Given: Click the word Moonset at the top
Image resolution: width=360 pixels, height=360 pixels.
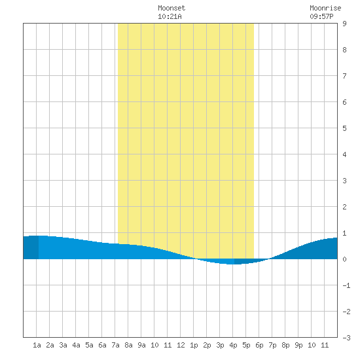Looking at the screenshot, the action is click(x=171, y=8).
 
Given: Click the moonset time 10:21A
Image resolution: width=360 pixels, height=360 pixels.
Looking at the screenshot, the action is click(x=170, y=16).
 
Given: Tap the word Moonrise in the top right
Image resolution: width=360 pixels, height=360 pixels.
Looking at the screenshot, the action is click(x=325, y=8).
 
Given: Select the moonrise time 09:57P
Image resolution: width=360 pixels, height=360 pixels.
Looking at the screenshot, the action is click(x=321, y=16).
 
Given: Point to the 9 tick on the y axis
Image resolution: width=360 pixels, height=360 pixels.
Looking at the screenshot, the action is click(x=344, y=24).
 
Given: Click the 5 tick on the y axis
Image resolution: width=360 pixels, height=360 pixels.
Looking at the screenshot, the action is click(x=344, y=128).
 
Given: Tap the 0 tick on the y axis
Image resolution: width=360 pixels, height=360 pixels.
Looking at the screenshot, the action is click(x=344, y=259).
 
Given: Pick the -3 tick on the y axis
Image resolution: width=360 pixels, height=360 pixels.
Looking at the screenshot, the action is click(x=346, y=338).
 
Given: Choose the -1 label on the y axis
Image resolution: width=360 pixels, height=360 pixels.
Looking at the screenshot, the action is click(x=346, y=285).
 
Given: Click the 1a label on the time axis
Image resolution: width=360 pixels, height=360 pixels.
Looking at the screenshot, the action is click(x=37, y=345).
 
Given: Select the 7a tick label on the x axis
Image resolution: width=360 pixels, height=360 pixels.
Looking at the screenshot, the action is click(x=115, y=345).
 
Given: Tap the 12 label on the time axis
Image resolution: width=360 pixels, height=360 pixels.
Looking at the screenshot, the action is click(x=181, y=345).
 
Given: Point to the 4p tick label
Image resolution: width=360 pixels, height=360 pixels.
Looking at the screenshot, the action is click(x=233, y=345).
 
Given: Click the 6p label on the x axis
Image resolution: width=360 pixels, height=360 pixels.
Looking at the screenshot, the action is click(x=259, y=345).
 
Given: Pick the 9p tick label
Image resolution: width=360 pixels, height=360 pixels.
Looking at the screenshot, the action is click(x=298, y=345).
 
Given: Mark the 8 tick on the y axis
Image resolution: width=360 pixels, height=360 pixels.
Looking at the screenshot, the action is click(x=344, y=50).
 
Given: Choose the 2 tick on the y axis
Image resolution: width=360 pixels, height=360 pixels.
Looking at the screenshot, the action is click(x=344, y=207).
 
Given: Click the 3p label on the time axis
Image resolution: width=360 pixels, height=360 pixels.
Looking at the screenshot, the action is click(x=220, y=345).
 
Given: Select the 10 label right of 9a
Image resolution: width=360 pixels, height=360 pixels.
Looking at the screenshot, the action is click(x=154, y=345).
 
